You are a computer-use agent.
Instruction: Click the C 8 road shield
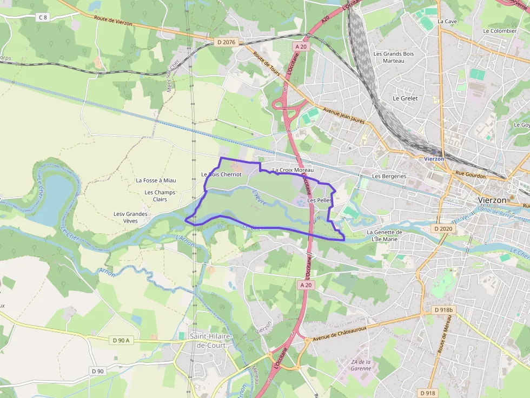pyautogui.click(x=43, y=17)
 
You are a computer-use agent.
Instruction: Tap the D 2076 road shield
pyautogui.click(x=227, y=42)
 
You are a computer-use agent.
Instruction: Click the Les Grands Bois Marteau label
pyautogui.click(x=394, y=57)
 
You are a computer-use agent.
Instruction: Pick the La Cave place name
pyautogui.click(x=447, y=21)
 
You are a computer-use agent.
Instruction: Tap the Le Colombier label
pyautogui.click(x=500, y=31)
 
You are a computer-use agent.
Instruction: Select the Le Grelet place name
pyautogui.click(x=405, y=98)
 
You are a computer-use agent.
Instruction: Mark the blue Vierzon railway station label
pyautogui.click(x=434, y=159)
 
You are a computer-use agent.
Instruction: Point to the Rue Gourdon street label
pyautogui.click(x=471, y=174)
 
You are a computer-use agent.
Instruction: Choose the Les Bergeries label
pyautogui.click(x=389, y=177)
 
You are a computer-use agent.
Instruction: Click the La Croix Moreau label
pyautogui.click(x=293, y=170)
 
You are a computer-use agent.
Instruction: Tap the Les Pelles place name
pyautogui.click(x=319, y=200)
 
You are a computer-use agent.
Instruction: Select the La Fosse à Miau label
pyautogui.click(x=156, y=180)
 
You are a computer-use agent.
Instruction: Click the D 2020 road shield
pyautogui.click(x=443, y=229)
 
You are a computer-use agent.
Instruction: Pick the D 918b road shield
pyautogui.click(x=444, y=310)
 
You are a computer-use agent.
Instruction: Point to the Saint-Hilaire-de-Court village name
pyautogui.click(x=211, y=340)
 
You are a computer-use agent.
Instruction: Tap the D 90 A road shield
pyautogui.click(x=121, y=340)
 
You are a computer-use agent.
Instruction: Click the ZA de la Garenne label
pyautogui.click(x=361, y=365)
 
